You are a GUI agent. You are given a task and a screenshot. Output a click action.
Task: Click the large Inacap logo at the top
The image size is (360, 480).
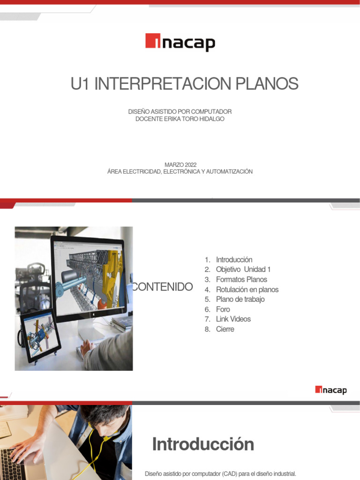pos(180,42)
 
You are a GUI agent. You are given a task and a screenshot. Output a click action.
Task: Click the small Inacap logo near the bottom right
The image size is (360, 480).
pos(331,390)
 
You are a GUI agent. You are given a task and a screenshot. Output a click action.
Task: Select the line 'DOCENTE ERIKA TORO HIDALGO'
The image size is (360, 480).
pos(180,119)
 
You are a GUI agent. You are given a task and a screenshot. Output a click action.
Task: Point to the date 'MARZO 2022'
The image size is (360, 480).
pos(180,165)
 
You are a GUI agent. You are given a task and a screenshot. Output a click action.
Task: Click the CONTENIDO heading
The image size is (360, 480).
pos(163,287)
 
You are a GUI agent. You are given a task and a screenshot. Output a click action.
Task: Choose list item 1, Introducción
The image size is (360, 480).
pos(234,260)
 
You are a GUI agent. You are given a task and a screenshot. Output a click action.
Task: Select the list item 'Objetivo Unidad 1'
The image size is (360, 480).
pos(243,270)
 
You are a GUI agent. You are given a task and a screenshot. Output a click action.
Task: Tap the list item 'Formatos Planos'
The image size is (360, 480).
pos(241,279)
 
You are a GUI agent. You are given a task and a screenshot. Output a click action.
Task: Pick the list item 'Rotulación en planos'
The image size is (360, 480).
pos(247,290)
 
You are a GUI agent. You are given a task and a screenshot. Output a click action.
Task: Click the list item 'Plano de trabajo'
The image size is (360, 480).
pos(240,300)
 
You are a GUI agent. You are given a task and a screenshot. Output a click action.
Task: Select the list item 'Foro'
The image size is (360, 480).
pos(223,309)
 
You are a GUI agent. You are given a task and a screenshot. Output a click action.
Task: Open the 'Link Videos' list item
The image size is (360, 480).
pos(233,319)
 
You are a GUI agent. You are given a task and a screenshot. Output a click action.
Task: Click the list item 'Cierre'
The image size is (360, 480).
pos(225,329)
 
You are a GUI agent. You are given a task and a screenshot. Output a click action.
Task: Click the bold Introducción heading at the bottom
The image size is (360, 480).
pos(203,444)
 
